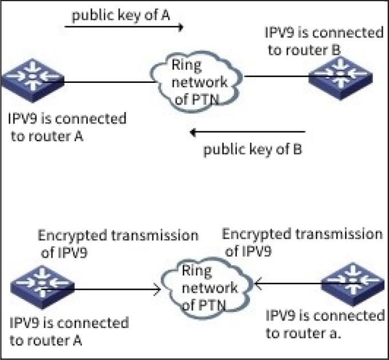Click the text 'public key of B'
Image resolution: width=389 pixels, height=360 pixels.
(253, 150)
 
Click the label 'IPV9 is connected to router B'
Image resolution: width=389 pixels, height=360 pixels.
(324, 41)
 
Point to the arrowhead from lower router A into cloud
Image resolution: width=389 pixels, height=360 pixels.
(156, 290)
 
